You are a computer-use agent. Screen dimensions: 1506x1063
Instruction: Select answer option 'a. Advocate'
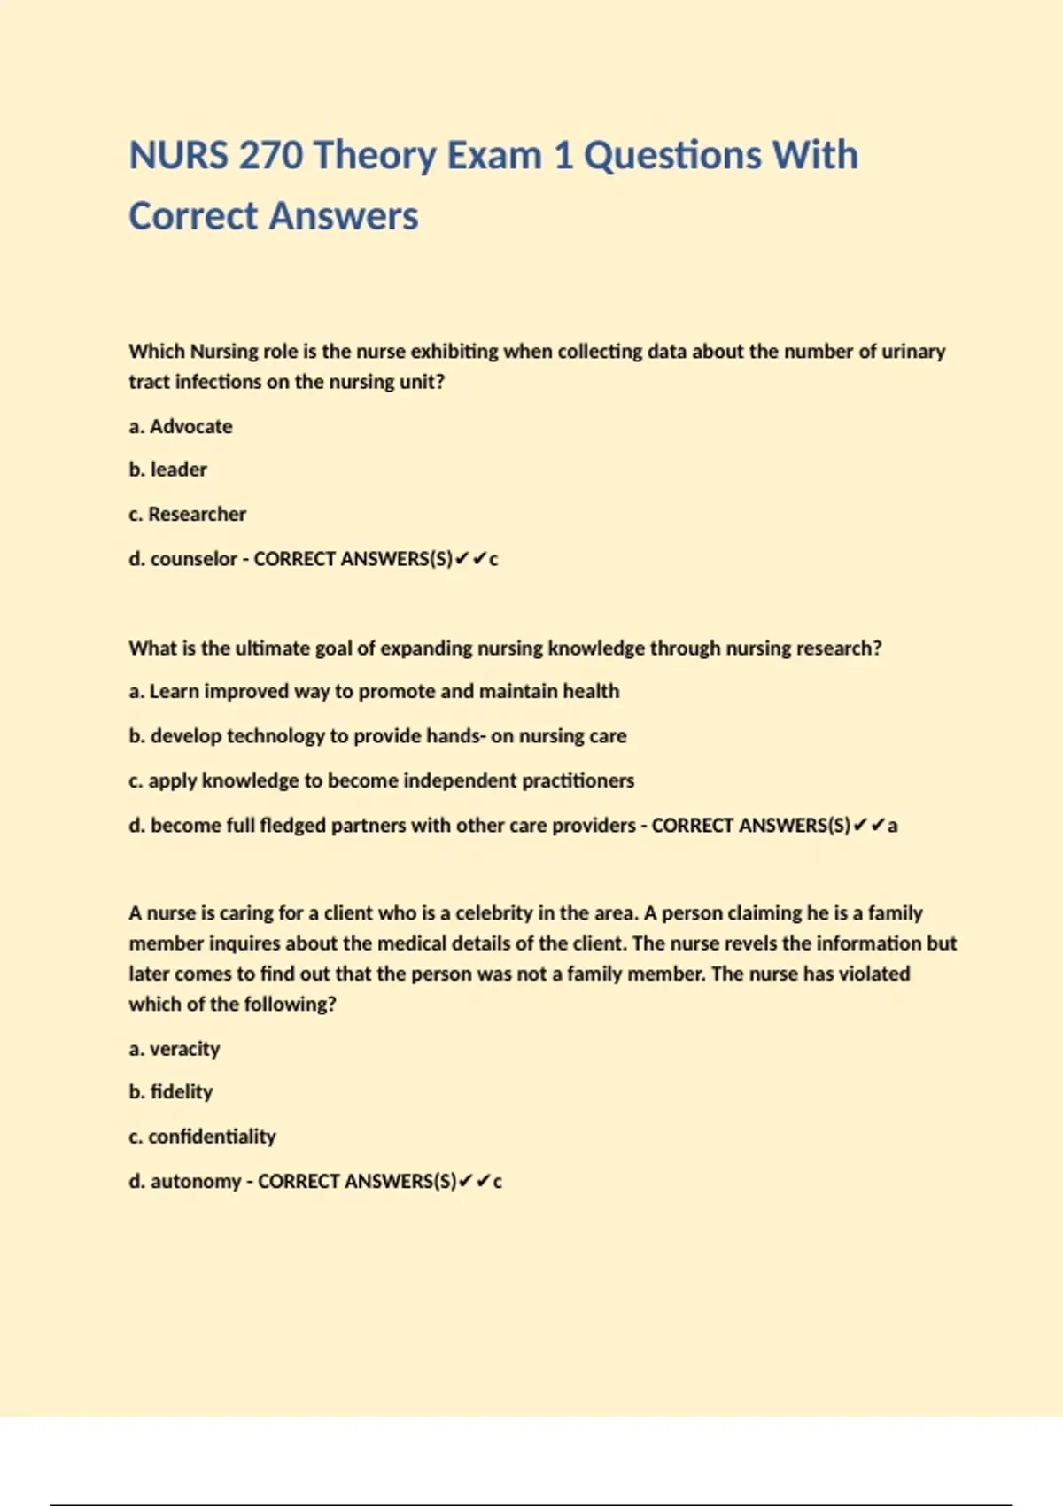tap(181, 426)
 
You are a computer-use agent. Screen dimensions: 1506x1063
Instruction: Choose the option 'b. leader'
tap(167, 470)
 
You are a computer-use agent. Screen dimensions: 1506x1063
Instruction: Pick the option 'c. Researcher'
tap(187, 514)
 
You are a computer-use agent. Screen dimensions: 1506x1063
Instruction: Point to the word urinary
tap(912, 352)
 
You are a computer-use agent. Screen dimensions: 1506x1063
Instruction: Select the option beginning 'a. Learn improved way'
tap(374, 691)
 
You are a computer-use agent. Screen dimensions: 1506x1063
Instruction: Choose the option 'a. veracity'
tap(175, 1049)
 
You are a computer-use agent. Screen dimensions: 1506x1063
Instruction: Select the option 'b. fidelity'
tap(171, 1092)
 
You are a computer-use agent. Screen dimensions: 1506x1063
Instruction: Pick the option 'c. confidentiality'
tap(202, 1137)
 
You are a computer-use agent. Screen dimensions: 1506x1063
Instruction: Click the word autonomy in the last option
tap(195, 1182)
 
